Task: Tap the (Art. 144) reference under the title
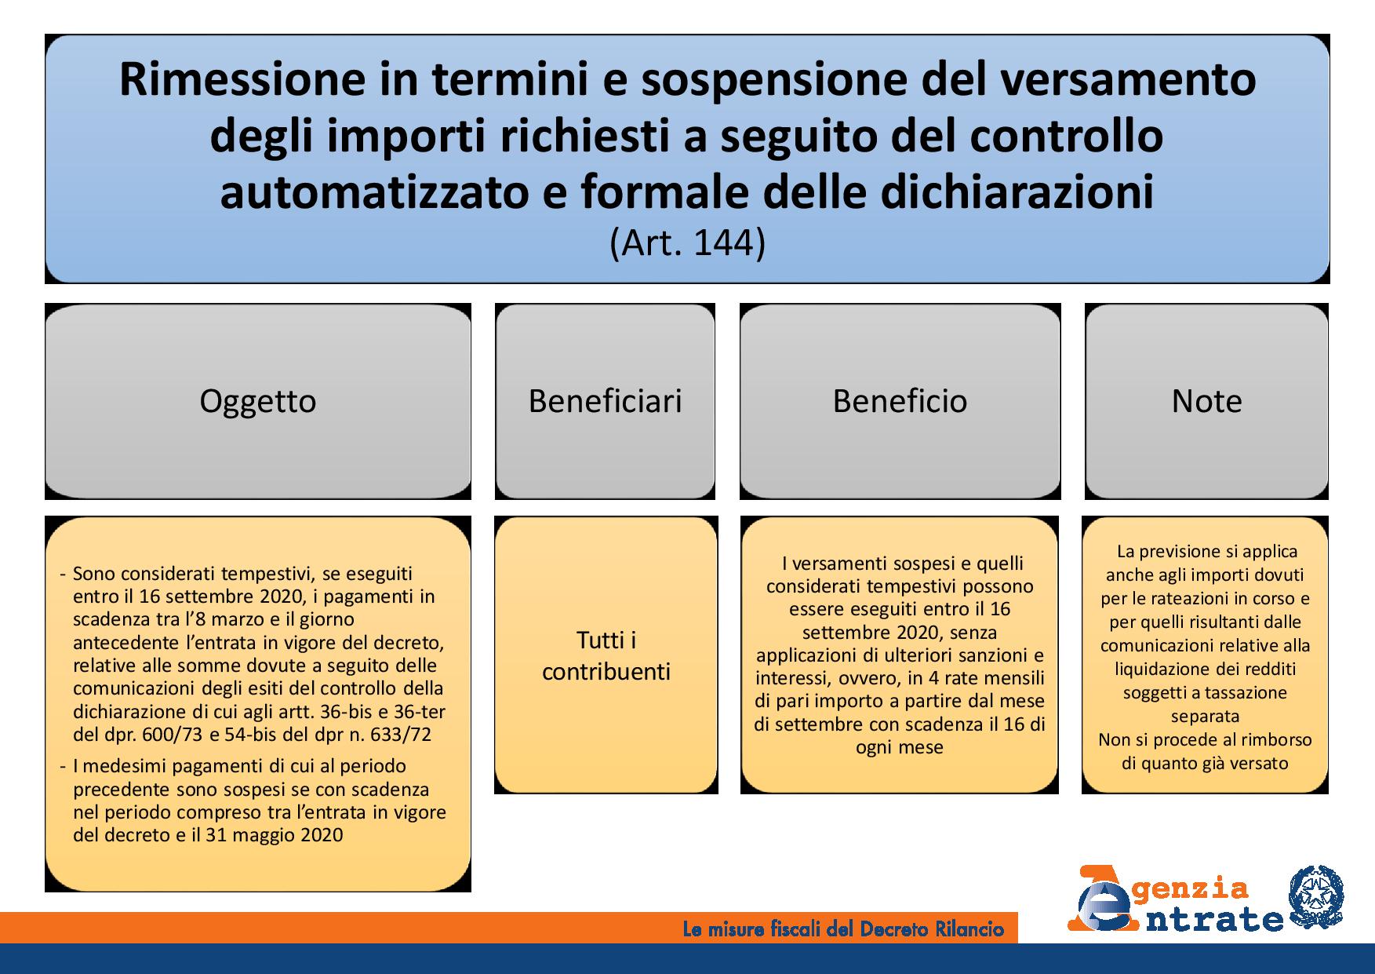point(686,243)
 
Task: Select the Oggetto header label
point(258,402)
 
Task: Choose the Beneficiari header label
point(605,401)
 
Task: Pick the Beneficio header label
point(900,401)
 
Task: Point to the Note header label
point(1206,402)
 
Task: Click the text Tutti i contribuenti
point(606,656)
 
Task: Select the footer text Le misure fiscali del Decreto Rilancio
point(843,930)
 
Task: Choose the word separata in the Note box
point(1206,717)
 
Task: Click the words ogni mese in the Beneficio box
point(900,747)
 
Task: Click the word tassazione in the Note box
point(1247,693)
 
